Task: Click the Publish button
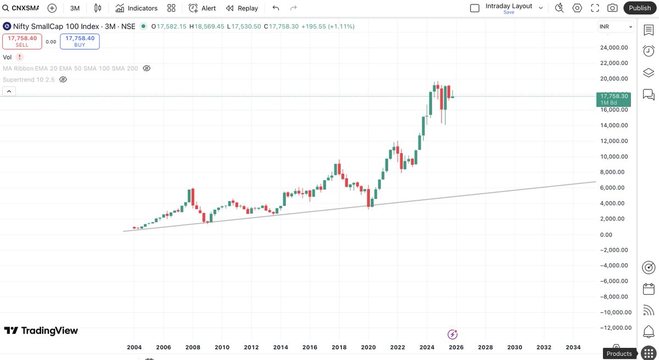(x=640, y=8)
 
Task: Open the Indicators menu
(x=137, y=8)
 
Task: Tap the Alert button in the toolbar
(x=202, y=8)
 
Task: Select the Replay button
(x=242, y=8)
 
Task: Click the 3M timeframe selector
(x=75, y=8)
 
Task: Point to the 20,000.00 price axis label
(x=613, y=78)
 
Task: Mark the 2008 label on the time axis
(x=192, y=347)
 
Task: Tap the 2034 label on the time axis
(x=573, y=347)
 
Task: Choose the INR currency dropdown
(x=616, y=27)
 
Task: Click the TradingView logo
(x=41, y=330)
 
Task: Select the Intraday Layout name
(x=509, y=7)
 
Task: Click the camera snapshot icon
(x=612, y=8)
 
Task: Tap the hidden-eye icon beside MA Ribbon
(x=147, y=69)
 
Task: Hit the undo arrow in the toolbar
(x=276, y=8)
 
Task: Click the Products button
(x=619, y=354)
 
